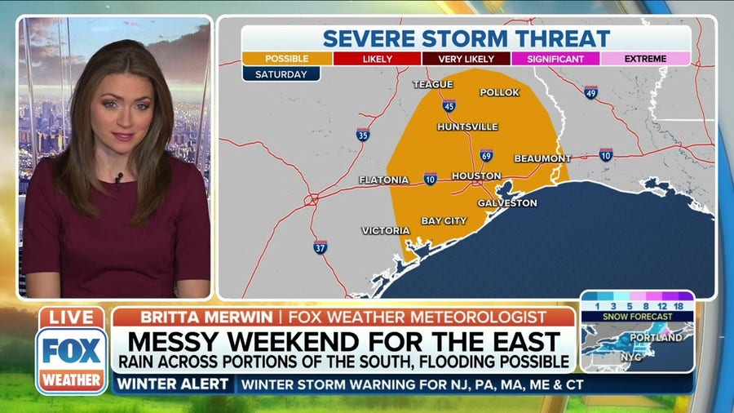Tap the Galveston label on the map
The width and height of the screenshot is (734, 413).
pos(507,202)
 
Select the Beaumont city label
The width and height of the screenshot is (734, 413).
pos(542,158)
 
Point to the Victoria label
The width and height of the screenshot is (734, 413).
pos(386,230)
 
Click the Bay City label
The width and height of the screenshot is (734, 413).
pos(444,221)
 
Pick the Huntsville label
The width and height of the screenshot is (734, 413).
pos(467,127)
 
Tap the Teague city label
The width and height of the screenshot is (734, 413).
pos(432,84)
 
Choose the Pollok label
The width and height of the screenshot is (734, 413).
pos(499,92)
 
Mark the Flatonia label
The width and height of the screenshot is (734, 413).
pos(383,180)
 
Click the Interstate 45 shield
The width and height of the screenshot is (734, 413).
pos(449,106)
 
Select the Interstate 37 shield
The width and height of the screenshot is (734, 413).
pos(321,246)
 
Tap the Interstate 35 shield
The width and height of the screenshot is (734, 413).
pos(363,135)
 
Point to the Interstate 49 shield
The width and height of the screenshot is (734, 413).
pos(591,92)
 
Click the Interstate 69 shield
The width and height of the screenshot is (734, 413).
pos(486,155)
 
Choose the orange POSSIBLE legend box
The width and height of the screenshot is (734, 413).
pos(287,59)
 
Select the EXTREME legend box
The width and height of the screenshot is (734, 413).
pos(645,59)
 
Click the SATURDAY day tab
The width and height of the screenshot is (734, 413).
pos(281,73)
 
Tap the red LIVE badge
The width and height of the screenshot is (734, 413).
pos(72,318)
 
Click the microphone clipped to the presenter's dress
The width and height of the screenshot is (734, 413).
pos(118,177)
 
